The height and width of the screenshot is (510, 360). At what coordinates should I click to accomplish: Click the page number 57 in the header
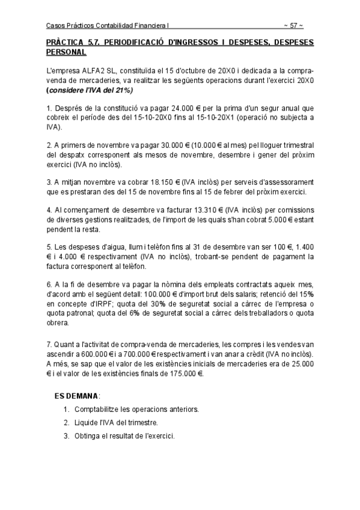(293, 25)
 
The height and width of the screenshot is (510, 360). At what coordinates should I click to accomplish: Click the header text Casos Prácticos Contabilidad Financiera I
(109, 25)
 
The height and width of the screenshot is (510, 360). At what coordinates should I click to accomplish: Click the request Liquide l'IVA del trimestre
(116, 423)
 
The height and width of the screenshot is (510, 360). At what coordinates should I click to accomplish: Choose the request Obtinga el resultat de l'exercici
(126, 436)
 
